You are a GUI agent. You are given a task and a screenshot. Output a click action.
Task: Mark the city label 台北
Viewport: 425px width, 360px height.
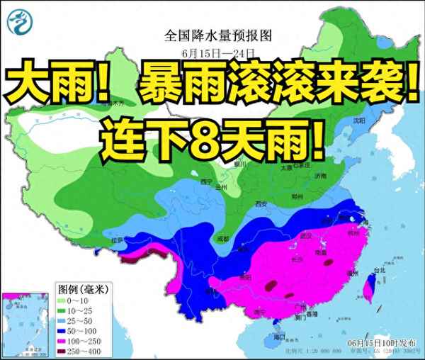380,270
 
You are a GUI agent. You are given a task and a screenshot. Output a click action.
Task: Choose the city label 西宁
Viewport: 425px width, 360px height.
206,181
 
